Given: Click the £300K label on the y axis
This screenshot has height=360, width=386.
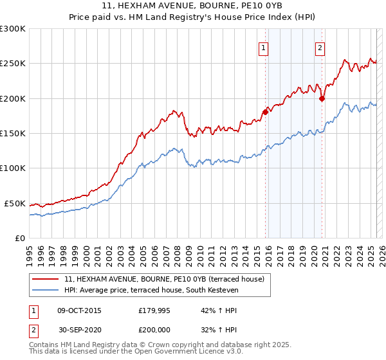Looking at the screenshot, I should [x=13, y=29].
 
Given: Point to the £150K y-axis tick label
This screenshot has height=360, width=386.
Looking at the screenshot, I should [x=13, y=134].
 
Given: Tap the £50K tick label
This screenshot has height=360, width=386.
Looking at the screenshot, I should [x=15, y=203].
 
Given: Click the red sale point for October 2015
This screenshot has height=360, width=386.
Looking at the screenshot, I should [x=265, y=112].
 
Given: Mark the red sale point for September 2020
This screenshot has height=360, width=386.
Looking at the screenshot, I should [x=322, y=98].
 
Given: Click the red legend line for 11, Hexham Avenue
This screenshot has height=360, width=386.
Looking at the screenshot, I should [x=46, y=280].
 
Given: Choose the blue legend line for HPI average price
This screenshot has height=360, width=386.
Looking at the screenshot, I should [x=46, y=291].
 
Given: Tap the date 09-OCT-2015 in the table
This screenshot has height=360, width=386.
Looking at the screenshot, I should [x=79, y=310].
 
